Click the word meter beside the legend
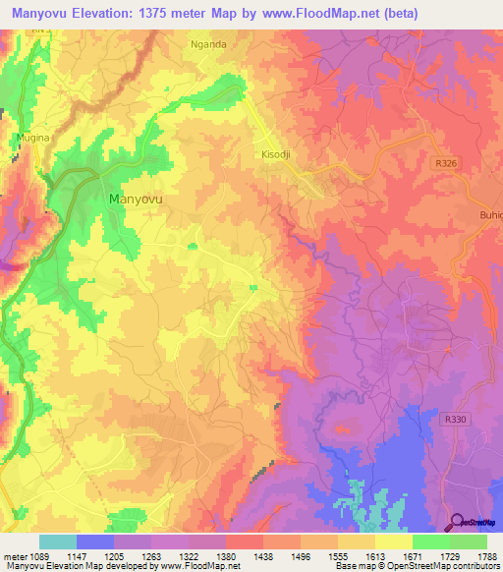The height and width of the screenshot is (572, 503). click(x=15, y=555)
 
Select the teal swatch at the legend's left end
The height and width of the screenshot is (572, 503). click(x=58, y=542)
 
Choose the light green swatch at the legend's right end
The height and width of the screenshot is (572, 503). click(x=468, y=542)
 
